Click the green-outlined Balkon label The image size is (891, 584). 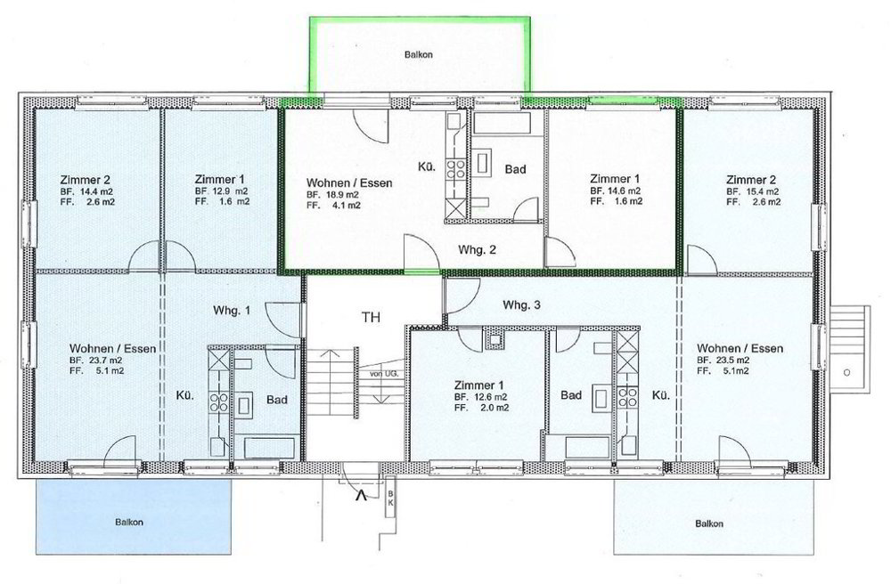coord(418,55)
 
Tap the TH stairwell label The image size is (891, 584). coord(371,317)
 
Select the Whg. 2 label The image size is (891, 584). coord(478,250)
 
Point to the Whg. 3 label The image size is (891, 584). coord(521,305)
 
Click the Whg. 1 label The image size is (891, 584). coord(232,311)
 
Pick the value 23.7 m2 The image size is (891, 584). coord(102,360)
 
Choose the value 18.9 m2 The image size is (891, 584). coord(339,195)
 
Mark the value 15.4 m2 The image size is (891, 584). coord(760,191)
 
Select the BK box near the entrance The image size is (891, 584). coord(390,497)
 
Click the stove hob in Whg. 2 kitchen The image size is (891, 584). coord(455,168)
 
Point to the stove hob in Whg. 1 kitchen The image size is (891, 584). coord(219,401)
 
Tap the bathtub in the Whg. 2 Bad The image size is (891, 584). coord(503,123)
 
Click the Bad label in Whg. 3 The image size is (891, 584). coord(571,395)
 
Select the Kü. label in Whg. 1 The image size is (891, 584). coord(184,395)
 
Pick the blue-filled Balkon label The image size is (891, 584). coord(129,523)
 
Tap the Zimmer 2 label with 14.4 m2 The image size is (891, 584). coord(86,180)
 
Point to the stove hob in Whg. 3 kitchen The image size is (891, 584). coord(628,396)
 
